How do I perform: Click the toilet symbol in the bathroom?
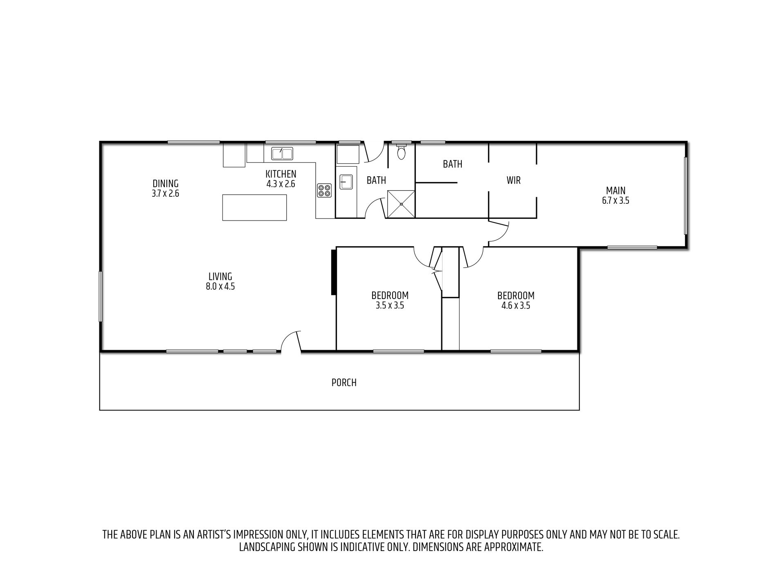point(402,151)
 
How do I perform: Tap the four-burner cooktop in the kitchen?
point(325,191)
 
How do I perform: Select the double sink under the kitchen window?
point(282,154)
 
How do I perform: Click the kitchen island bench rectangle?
point(254,207)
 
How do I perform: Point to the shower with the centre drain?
point(401,204)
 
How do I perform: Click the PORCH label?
point(344,383)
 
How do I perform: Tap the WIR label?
point(514,180)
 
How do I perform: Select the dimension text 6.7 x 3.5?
point(615,201)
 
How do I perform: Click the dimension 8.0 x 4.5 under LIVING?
point(220,286)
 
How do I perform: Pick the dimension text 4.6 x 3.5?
point(516,306)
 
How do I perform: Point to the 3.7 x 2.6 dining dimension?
point(165,194)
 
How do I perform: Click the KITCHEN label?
point(281,174)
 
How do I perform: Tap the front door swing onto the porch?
point(291,341)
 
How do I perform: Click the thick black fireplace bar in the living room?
point(333,272)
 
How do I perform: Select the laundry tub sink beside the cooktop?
point(346,181)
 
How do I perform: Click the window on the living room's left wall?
point(100,297)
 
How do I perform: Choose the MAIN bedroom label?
point(615,191)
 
